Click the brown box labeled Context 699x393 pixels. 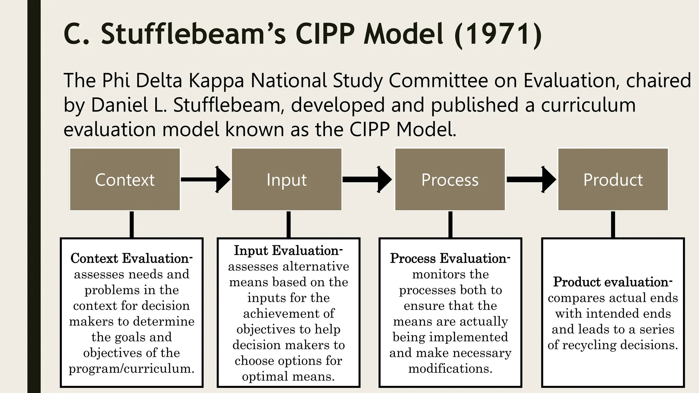[x=125, y=179]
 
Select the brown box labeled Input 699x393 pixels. [x=287, y=179]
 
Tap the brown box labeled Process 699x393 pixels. [x=450, y=179]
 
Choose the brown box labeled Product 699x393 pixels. [x=613, y=179]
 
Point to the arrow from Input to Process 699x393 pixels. [x=367, y=179]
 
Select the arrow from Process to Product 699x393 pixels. [x=531, y=179]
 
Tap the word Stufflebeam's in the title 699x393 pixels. [x=193, y=34]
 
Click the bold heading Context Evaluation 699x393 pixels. [x=131, y=258]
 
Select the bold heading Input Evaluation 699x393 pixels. [x=288, y=250]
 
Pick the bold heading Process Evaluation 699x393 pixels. [x=450, y=258]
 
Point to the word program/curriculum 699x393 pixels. [x=131, y=368]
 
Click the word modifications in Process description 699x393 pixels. [x=450, y=368]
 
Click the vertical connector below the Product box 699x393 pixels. [x=613, y=224]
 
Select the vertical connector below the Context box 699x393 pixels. [x=132, y=224]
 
